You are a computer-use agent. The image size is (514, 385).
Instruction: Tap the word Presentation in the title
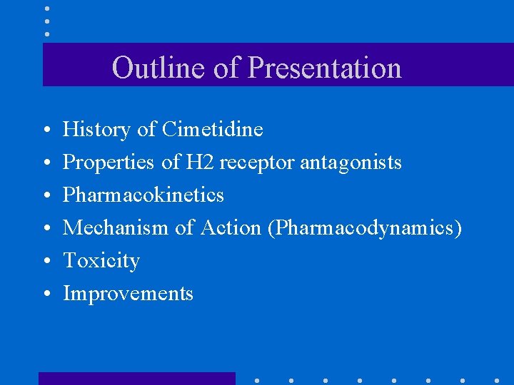coord(325,68)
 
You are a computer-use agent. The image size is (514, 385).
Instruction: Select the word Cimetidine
coord(213,130)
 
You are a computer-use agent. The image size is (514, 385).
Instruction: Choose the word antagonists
coord(351,163)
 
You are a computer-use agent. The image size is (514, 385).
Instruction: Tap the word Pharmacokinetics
coord(143,195)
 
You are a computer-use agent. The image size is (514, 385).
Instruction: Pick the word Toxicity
coord(101,261)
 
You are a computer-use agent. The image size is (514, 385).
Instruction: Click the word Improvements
coord(128,294)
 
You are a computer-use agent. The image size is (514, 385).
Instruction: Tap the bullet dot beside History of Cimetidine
coord(46,131)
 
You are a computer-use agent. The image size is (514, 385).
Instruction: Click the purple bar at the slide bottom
coord(136,378)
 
